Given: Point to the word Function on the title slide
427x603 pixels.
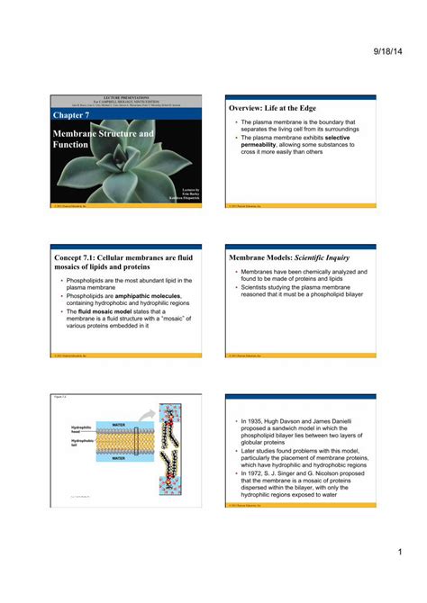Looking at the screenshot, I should coord(70,144).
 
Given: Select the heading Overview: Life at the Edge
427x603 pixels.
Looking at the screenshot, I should coord(272,108).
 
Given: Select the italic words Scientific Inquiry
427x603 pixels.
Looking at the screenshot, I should coord(317,258).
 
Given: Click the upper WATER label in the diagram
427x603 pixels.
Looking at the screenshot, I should coord(117,423).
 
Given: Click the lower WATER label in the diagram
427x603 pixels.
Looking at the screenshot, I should coord(117,457).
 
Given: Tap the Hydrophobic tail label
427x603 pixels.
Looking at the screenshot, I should coord(82,443).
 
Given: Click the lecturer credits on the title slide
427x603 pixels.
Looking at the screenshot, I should coord(185,193).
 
